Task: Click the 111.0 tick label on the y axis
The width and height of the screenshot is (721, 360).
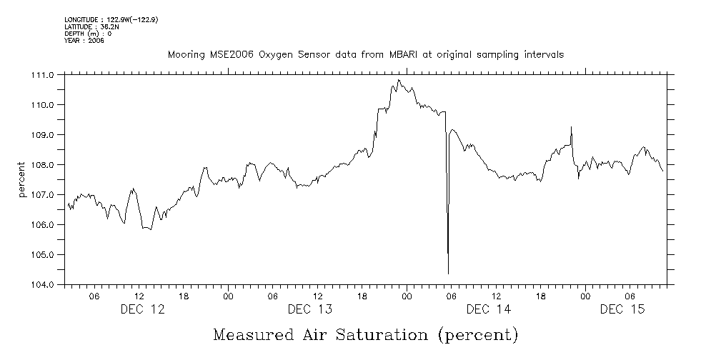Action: coord(43,75)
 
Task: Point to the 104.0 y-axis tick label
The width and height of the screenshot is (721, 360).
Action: coord(43,284)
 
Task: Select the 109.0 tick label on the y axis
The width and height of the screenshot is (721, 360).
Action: coord(43,135)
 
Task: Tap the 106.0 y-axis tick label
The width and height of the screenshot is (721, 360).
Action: coord(43,225)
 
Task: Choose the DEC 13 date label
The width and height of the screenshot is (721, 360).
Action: coord(310,309)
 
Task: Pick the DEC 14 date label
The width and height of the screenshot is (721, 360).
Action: coord(488,309)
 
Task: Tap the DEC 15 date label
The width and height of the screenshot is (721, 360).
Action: coord(622,309)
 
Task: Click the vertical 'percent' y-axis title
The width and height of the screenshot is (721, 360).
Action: coord(22,180)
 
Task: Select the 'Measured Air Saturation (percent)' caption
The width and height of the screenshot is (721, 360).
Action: coord(364,334)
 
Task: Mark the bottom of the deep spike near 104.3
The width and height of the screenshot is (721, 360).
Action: coord(448,274)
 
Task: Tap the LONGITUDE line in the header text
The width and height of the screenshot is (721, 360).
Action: coord(111,20)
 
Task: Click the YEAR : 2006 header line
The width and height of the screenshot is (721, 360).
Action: coord(85,41)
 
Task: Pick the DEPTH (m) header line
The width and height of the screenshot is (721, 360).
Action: coord(88,34)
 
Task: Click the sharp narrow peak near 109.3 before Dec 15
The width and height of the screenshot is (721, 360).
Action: coord(571,127)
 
